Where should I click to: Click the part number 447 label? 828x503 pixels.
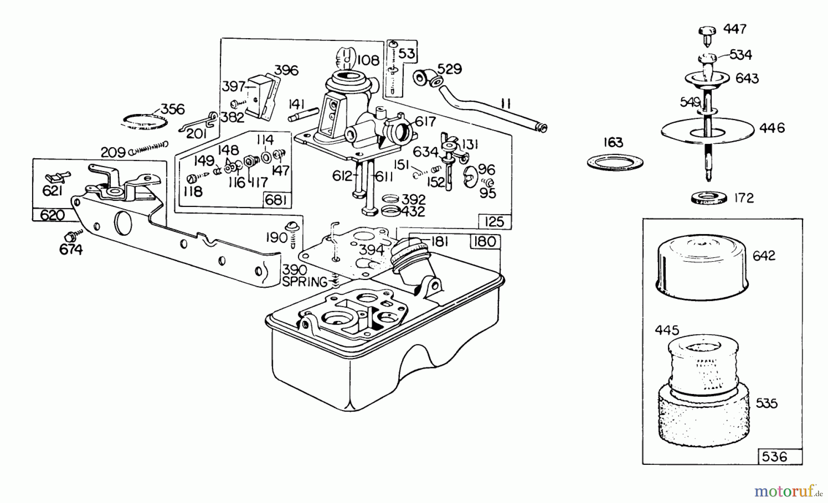[x=735, y=29]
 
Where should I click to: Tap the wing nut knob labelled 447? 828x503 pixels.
[x=707, y=34]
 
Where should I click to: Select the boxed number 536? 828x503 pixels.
[x=775, y=457]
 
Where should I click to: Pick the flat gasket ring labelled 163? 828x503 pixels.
[x=615, y=162]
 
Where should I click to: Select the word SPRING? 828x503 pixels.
[x=305, y=281]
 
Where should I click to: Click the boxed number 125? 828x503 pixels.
[x=494, y=222]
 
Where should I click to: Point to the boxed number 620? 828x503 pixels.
[x=52, y=215]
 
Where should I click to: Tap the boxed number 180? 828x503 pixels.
[x=485, y=242]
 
